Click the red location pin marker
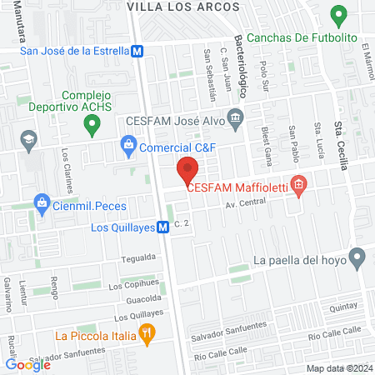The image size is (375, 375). [187, 172]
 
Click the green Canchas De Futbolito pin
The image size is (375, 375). [338, 16]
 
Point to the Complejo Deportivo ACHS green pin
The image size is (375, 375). [92, 126]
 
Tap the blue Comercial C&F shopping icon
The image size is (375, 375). [128, 147]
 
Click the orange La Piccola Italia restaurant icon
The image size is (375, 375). [147, 336]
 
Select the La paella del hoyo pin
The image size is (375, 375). [357, 259]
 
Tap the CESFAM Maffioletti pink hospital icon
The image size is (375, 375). [299, 186]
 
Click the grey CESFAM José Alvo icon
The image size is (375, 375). [235, 118]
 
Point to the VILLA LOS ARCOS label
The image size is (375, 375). [183, 6]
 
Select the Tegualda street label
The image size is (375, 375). [137, 257]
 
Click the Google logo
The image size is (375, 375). [27, 363]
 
